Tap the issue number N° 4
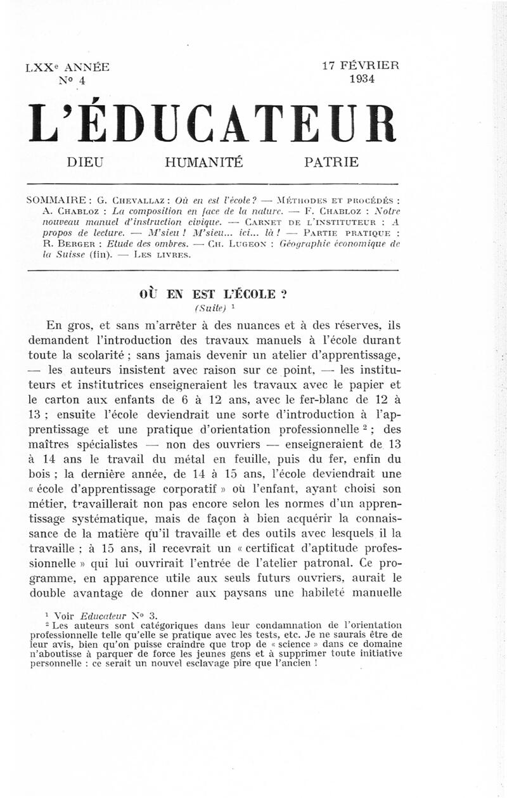[70, 80]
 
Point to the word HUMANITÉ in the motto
[203, 162]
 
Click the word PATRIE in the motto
[331, 162]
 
